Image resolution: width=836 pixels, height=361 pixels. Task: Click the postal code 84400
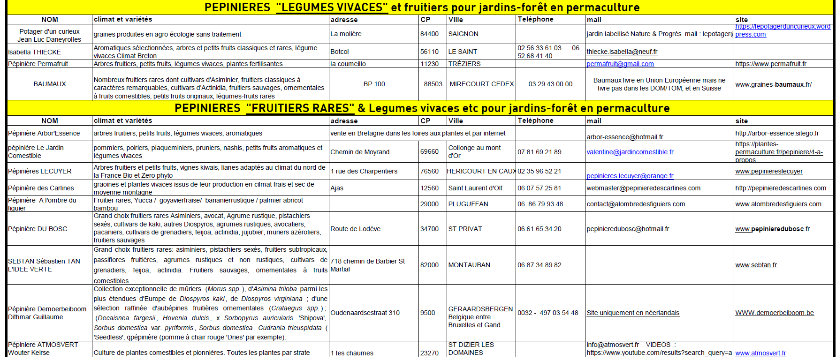click(429, 34)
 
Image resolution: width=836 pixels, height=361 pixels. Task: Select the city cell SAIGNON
click(463, 34)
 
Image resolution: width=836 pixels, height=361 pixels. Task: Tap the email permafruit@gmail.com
click(620, 64)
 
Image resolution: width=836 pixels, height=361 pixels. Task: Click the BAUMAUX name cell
click(50, 84)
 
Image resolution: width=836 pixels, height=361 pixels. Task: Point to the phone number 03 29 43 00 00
click(550, 84)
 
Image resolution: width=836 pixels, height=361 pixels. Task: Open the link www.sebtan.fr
click(756, 265)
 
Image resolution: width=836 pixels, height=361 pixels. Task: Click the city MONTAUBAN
click(469, 265)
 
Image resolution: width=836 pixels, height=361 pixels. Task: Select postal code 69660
click(429, 152)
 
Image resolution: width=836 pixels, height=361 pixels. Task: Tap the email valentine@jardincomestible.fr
click(630, 152)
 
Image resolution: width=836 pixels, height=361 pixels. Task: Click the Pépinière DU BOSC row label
click(38, 229)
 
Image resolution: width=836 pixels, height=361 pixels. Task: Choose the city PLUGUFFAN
click(468, 204)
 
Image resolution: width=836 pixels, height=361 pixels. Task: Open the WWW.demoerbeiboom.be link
click(774, 313)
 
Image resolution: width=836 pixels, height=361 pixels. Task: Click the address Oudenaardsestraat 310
click(365, 313)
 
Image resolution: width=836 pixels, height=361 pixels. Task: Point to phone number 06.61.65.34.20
click(539, 229)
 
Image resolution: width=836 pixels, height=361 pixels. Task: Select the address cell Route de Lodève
click(355, 229)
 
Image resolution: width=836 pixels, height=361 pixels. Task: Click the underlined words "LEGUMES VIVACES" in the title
click(332, 8)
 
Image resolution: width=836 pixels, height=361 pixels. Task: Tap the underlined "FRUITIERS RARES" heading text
click(300, 108)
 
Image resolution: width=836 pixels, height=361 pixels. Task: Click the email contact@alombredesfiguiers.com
click(636, 204)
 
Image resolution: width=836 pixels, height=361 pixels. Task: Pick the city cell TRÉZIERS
click(464, 64)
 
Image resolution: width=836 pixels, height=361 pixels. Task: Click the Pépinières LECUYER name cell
click(40, 171)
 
